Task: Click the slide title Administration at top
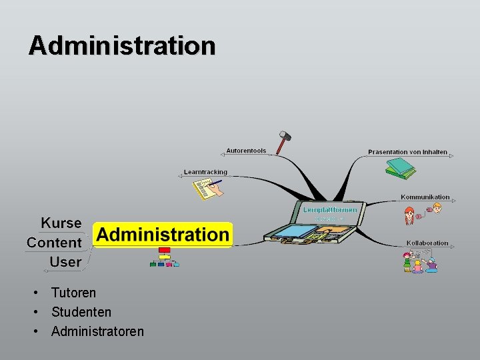tap(122, 46)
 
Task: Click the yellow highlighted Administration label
tap(163, 235)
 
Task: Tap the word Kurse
tap(61, 223)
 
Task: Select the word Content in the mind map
tap(54, 243)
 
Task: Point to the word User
tap(65, 262)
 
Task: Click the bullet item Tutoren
tap(73, 293)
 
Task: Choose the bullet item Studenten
tap(81, 312)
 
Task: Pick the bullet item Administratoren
tap(97, 331)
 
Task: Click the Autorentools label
tap(246, 151)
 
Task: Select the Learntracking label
tap(205, 172)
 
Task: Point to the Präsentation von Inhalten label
tap(407, 152)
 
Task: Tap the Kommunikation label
tap(425, 197)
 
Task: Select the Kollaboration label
tap(427, 243)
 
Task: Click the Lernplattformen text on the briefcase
tap(330, 210)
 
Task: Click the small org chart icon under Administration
tap(164, 257)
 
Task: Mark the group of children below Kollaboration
tap(420, 262)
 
